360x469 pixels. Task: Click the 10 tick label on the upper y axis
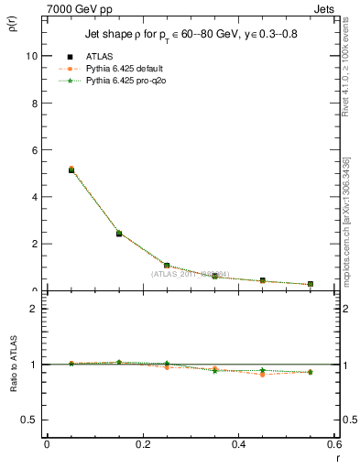pyautogui.click(x=33, y=56)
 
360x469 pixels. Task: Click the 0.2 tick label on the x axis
pyautogui.click(x=143, y=444)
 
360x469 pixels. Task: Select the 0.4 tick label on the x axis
pyautogui.click(x=239, y=444)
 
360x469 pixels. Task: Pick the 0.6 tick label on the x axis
pyautogui.click(x=334, y=444)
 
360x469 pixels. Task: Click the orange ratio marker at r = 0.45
pyautogui.click(x=263, y=375)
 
